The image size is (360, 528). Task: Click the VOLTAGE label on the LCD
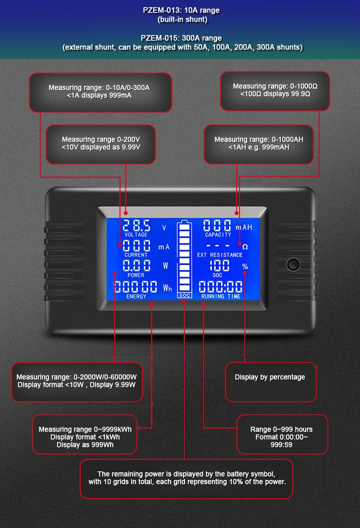click(x=136, y=235)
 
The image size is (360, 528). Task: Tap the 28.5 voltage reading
click(x=136, y=225)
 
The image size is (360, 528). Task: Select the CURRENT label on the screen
click(x=136, y=255)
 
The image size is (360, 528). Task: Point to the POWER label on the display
click(x=136, y=275)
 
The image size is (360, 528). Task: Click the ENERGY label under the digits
click(x=136, y=296)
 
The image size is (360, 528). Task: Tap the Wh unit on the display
click(x=167, y=288)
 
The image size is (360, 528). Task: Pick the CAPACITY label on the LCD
click(x=218, y=235)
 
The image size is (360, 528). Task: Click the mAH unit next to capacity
click(x=244, y=227)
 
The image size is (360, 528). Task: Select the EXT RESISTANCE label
click(x=220, y=255)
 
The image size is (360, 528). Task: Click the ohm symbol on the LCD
click(x=245, y=247)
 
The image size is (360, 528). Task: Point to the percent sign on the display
click(x=245, y=267)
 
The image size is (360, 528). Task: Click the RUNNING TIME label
click(x=221, y=296)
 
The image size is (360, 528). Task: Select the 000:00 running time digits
click(x=220, y=287)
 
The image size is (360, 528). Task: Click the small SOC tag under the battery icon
click(x=184, y=295)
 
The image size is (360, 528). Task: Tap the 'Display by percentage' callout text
click(x=270, y=377)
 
